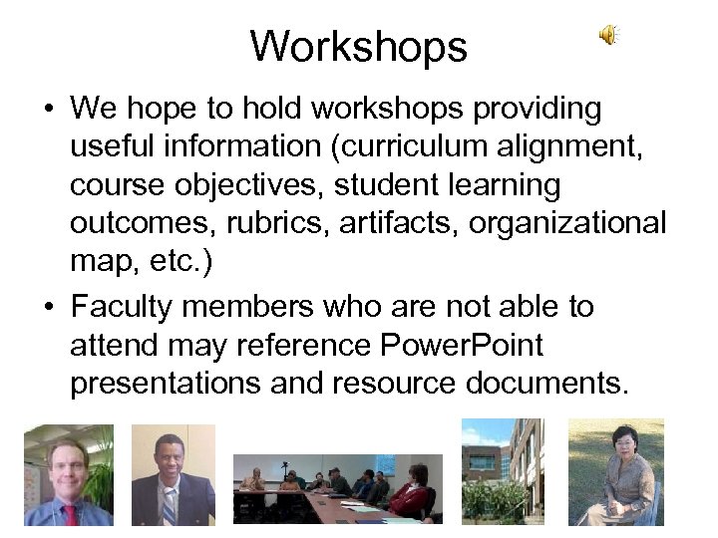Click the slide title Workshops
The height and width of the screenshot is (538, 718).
pyautogui.click(x=358, y=46)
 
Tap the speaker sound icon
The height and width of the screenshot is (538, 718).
pyautogui.click(x=607, y=36)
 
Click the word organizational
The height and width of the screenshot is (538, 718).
pyautogui.click(x=567, y=223)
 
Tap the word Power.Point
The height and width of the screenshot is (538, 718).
pyautogui.click(x=462, y=346)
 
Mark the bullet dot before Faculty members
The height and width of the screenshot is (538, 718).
pyautogui.click(x=48, y=308)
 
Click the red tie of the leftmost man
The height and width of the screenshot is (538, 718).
pyautogui.click(x=70, y=513)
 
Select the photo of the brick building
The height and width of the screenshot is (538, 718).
pyautogui.click(x=503, y=470)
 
